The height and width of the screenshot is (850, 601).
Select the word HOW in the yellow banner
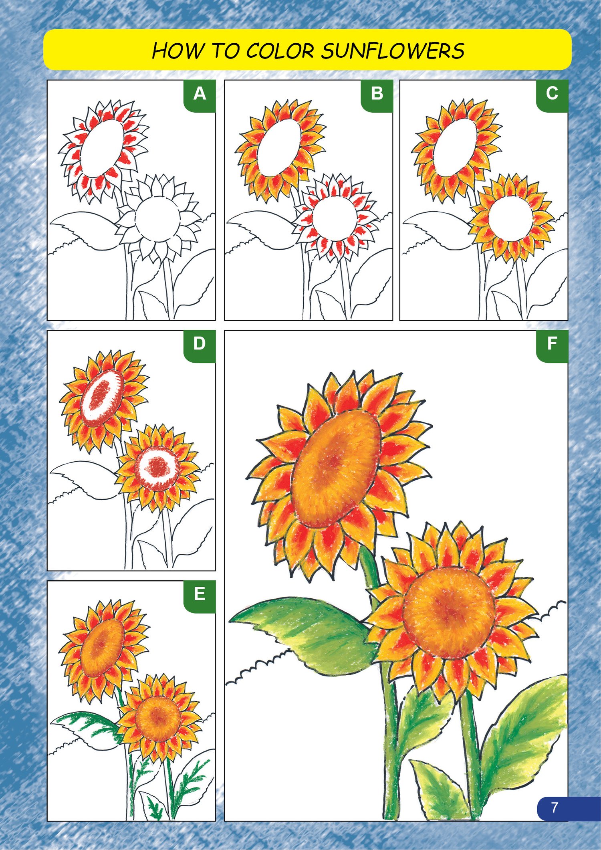tap(178, 51)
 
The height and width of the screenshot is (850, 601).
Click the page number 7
tap(555, 808)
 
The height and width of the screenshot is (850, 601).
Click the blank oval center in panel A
tap(102, 148)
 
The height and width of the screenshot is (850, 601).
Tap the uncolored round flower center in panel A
tap(157, 219)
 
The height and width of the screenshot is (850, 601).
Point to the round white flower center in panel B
tap(335, 219)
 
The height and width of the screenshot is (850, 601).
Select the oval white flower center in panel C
tap(455, 147)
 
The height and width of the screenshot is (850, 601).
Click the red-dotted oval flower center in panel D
tap(102, 398)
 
